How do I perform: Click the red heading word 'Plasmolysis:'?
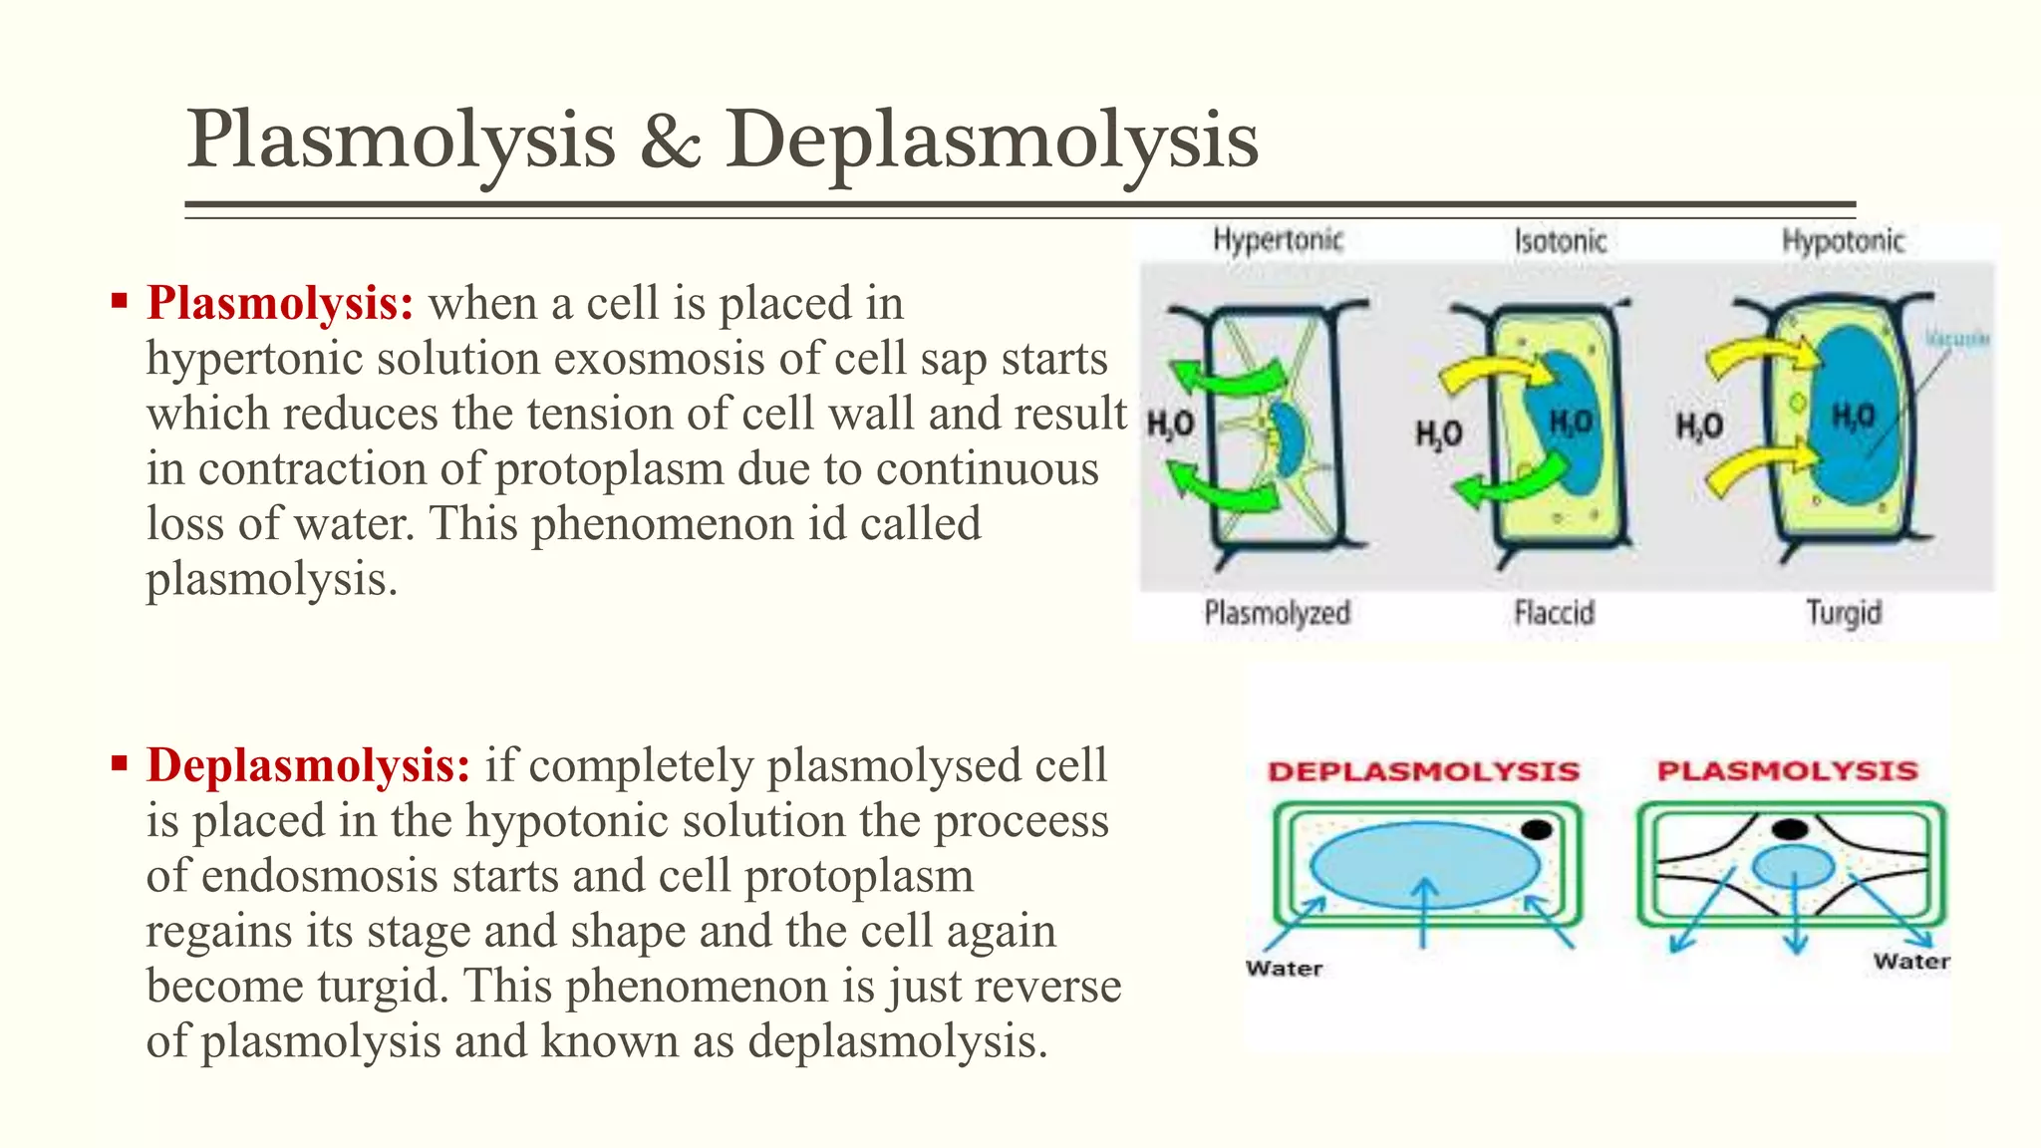[280, 303]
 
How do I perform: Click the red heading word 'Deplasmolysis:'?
[308, 765]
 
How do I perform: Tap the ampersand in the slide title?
[670, 141]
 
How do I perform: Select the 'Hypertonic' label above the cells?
[1278, 240]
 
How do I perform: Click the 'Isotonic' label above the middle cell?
[1560, 241]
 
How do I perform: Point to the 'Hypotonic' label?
[1843, 241]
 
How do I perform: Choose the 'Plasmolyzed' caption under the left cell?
[1277, 612]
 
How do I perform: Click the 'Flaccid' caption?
[1554, 612]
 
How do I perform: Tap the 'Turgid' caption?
[1844, 612]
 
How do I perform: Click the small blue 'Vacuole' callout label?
[1957, 339]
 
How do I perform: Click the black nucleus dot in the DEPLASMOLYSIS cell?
[1536, 829]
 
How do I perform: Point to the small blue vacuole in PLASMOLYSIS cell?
[1793, 865]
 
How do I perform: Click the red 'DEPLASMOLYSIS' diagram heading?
[1423, 771]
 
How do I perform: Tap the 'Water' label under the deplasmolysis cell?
[1284, 969]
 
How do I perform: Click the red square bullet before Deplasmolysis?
[120, 764]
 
